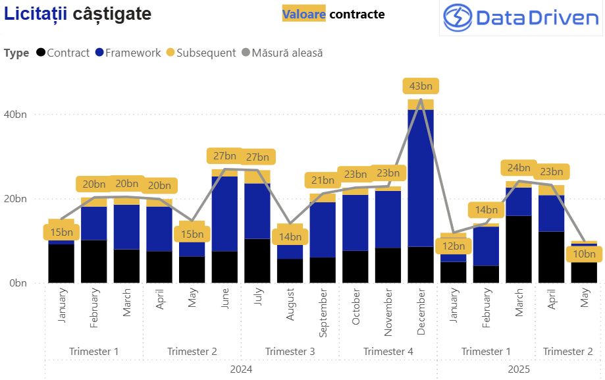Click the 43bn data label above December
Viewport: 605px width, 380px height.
[421, 86]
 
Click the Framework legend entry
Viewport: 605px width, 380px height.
[128, 53]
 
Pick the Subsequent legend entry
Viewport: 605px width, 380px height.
[201, 53]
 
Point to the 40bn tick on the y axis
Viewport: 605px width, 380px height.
[16, 115]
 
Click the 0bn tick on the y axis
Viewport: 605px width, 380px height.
[16, 283]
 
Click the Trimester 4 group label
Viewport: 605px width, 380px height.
[388, 352]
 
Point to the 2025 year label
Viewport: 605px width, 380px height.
[519, 369]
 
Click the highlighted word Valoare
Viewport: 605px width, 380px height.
[303, 14]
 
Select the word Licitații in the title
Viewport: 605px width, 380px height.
[36, 14]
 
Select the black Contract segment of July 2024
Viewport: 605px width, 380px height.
[257, 261]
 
